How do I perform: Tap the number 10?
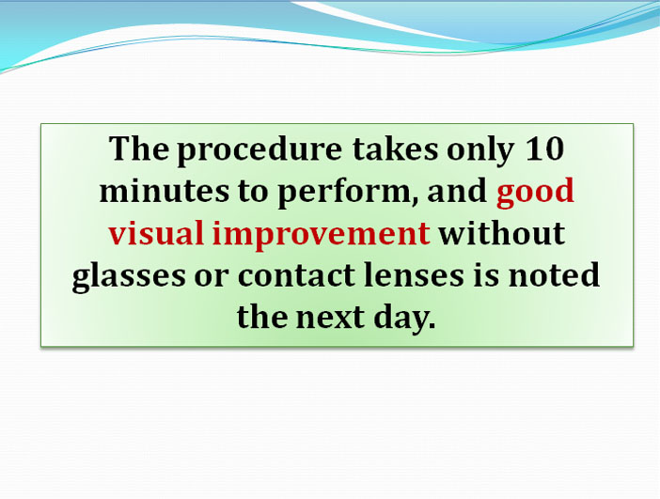(x=544, y=148)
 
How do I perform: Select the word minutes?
(x=165, y=191)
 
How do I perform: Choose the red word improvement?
(x=321, y=235)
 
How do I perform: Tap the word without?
(x=501, y=233)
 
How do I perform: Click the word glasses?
(x=129, y=277)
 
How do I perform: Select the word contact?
(x=296, y=275)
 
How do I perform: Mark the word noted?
(x=554, y=274)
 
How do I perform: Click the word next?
(x=330, y=318)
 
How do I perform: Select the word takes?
(x=395, y=148)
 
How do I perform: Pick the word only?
(x=479, y=151)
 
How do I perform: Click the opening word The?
(x=139, y=148)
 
